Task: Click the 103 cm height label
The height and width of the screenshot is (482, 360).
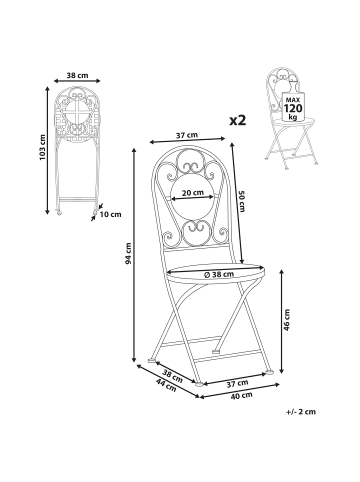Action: [x=42, y=148]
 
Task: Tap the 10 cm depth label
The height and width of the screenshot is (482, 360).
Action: [x=110, y=214]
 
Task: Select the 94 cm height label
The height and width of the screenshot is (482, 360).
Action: [x=128, y=254]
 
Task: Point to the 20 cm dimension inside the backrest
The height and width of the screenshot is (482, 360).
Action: [x=193, y=192]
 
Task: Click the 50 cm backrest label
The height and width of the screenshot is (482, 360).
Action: [x=242, y=201]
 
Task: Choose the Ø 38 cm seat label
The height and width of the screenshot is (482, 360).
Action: [x=218, y=274]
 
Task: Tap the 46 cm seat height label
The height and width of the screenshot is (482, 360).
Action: [x=287, y=320]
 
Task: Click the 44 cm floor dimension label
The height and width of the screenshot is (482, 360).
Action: [x=166, y=385]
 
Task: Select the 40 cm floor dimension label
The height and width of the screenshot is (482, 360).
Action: [x=242, y=396]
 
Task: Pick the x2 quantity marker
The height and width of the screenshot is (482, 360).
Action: [x=238, y=120]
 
